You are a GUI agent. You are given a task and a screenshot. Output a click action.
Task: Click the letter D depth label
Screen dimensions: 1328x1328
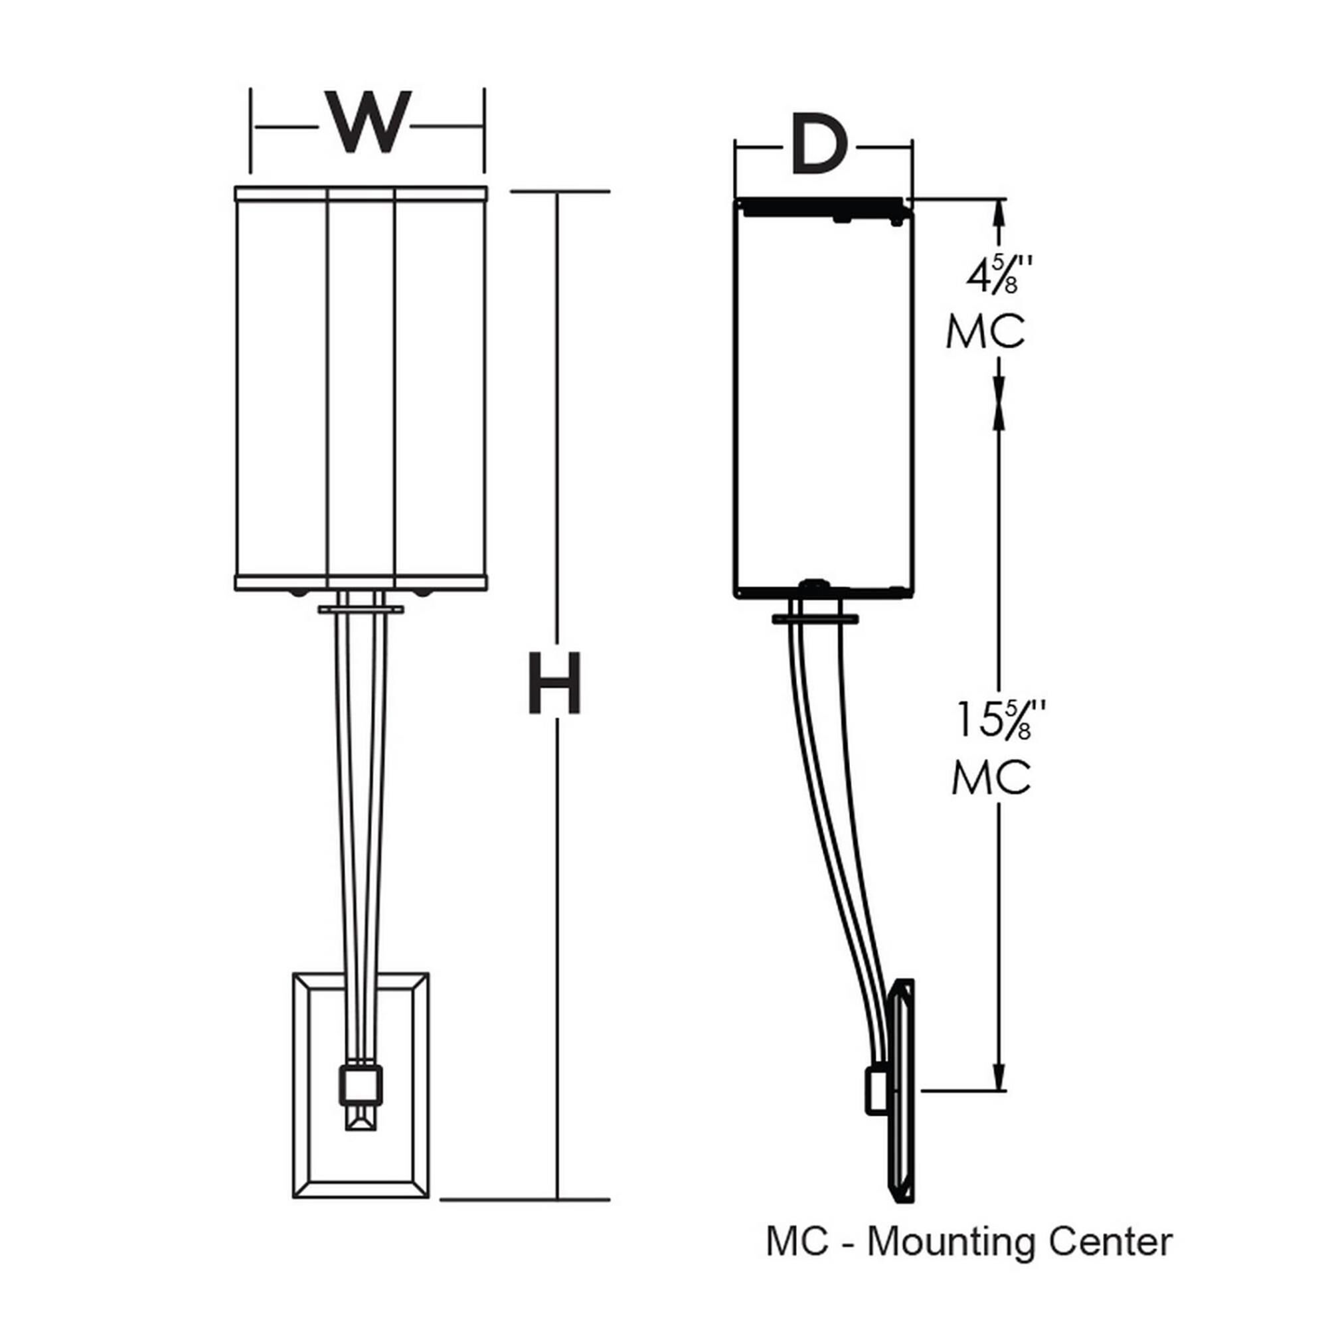pyautogui.click(x=818, y=147)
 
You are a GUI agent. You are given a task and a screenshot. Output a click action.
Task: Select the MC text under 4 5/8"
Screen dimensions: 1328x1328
pyautogui.click(x=985, y=333)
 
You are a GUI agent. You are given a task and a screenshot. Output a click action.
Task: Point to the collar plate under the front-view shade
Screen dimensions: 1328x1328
pyautogui.click(x=361, y=609)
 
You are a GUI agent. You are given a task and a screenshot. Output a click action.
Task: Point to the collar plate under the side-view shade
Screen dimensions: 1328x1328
pyautogui.click(x=815, y=619)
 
